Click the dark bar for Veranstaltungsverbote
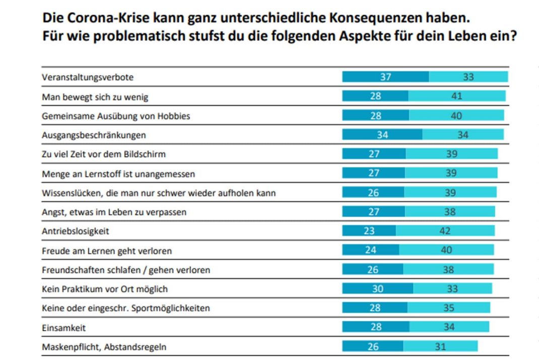point(385,77)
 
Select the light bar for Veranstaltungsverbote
point(468,77)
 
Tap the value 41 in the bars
point(457,96)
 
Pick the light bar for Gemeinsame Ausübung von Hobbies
point(456,115)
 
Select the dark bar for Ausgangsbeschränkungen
point(382,135)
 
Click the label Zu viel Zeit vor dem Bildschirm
point(103,154)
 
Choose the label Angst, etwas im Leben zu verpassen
point(114,212)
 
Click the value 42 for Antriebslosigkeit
point(445,231)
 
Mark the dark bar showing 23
point(369,231)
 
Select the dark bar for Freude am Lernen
point(371,250)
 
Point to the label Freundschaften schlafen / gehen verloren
point(125,270)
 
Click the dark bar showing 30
point(377,288)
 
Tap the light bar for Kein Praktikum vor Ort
point(452,288)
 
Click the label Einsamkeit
point(63,328)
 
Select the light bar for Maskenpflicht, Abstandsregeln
point(440,346)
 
